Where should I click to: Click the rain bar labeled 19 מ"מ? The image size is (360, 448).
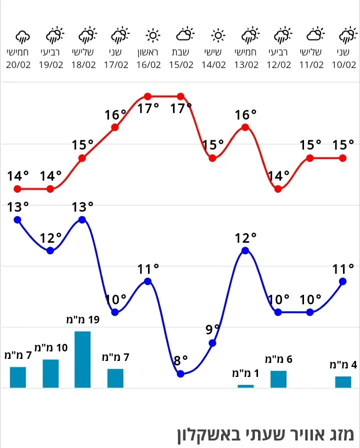(x=82, y=359)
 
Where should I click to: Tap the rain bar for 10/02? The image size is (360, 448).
(x=343, y=382)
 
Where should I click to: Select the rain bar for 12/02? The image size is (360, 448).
(x=278, y=379)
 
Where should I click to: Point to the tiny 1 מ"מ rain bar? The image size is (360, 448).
(x=245, y=386)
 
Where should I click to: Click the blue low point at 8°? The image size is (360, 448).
(x=180, y=374)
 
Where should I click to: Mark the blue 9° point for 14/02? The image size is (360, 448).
(x=212, y=343)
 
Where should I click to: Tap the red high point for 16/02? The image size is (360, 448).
(x=147, y=96)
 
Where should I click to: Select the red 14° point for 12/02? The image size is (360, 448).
(x=278, y=189)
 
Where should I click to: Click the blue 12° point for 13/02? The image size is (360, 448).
(x=245, y=250)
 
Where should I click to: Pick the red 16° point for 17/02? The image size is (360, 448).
(x=115, y=127)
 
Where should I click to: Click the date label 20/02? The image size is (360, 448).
(x=18, y=65)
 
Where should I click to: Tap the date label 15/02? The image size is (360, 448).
(x=181, y=65)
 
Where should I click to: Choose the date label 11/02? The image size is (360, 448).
(x=311, y=65)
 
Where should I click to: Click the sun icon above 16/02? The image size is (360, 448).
(x=152, y=36)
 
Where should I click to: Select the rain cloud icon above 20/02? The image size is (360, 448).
(x=22, y=36)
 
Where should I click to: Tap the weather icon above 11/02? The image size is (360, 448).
(x=315, y=35)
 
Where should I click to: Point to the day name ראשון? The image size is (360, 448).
(x=148, y=52)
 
